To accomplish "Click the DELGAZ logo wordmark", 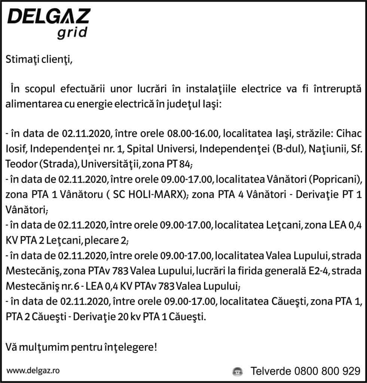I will point(49,16).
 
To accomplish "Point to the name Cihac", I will point(349,133).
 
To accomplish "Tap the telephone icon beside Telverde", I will point(237,371).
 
